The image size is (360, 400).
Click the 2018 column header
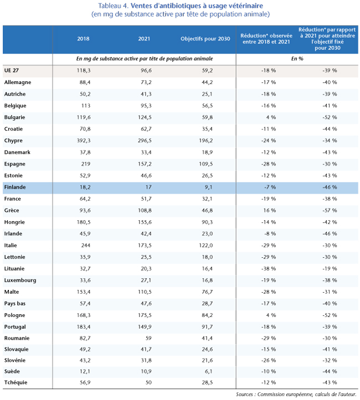tap(83, 39)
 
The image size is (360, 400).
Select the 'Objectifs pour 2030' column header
tap(205, 39)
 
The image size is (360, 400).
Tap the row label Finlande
tap(15, 187)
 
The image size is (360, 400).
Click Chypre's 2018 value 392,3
tap(84, 141)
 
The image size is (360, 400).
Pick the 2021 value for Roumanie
tap(148, 338)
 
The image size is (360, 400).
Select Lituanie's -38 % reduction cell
tap(269, 269)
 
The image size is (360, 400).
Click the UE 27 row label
tap(12, 70)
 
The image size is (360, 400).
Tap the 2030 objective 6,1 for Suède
tap(209, 371)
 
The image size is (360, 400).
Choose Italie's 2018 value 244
tap(86, 246)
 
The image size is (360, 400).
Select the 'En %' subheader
tap(297, 59)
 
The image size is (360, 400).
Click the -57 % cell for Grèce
tap(330, 210)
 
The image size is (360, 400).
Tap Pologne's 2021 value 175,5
tap(145, 315)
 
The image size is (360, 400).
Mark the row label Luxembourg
tap(20, 280)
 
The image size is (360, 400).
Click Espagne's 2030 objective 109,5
tap(206, 164)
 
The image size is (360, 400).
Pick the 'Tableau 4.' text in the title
tap(114, 6)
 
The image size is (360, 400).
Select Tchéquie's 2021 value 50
tap(148, 383)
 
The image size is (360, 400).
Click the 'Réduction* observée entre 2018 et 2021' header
tap(266, 39)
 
